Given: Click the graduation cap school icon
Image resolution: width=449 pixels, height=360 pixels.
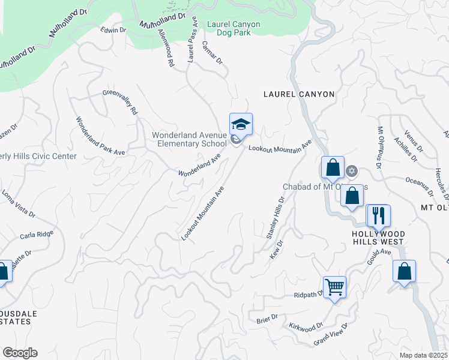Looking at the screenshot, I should tap(241, 124).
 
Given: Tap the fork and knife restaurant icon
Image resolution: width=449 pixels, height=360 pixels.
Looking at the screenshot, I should tap(378, 215).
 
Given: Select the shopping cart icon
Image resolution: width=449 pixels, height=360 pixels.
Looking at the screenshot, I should tap(334, 287).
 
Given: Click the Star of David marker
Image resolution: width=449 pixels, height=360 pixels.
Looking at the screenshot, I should tap(352, 171).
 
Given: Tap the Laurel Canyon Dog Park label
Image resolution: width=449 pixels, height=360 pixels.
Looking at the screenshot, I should tap(233, 29).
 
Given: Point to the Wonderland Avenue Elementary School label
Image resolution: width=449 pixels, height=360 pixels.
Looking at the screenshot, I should tap(189, 140).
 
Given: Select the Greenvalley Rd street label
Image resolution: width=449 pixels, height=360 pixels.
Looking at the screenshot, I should tap(121, 102).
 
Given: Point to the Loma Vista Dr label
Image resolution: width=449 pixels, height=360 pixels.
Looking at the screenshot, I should tap(19, 204).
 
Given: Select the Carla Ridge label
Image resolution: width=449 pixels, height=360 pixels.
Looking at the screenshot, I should tap(37, 235).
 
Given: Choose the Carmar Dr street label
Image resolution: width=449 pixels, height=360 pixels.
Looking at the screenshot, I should tap(212, 53).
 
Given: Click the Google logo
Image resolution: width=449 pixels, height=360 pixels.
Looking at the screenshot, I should tap(20, 353).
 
